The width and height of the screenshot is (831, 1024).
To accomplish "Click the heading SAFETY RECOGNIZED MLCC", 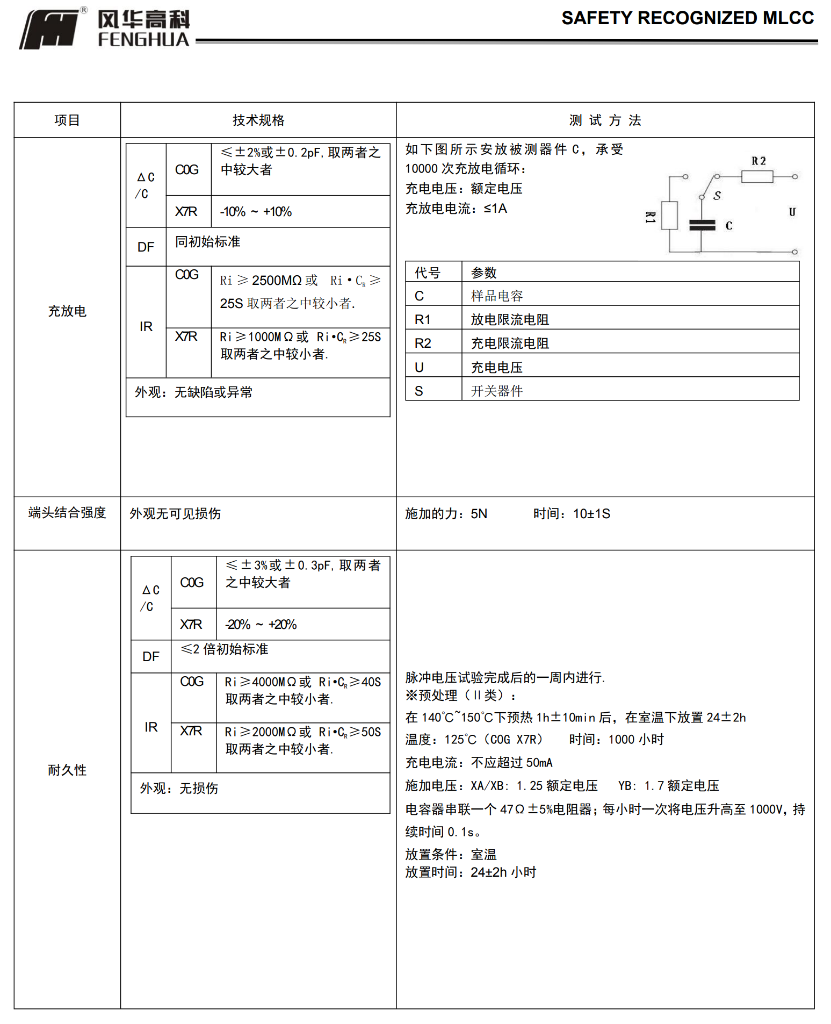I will point(687,18).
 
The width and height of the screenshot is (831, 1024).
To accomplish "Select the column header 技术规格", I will point(258,120).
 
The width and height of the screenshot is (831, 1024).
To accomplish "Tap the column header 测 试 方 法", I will point(605,120).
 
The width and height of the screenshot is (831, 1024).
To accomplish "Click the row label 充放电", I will point(67,311).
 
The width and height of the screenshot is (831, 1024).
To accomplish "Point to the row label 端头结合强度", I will point(67,513).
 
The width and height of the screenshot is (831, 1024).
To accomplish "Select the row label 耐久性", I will point(67,770).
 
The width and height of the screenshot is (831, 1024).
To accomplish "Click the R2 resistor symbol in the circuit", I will point(757,176).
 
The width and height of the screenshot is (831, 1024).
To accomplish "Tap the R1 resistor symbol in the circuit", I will point(669,216).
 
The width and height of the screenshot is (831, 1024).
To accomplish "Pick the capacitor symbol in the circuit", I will point(702,225).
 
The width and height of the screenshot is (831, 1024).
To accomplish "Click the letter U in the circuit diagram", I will point(792,212).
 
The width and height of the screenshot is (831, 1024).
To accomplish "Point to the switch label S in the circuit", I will point(717,196).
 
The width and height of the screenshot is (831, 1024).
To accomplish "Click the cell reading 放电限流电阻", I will point(510,320).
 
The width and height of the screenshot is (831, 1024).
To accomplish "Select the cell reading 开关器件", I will point(497,391).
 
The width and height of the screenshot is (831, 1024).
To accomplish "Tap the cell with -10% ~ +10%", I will point(256,212).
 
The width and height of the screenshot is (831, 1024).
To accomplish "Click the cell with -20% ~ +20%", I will point(261,625).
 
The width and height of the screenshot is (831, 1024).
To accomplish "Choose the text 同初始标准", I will point(208,242).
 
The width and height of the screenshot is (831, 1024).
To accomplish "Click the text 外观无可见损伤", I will point(175,514).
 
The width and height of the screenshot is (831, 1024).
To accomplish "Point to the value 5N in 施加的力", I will point(479,514).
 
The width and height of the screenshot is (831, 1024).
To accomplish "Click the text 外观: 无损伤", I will point(179,789).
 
